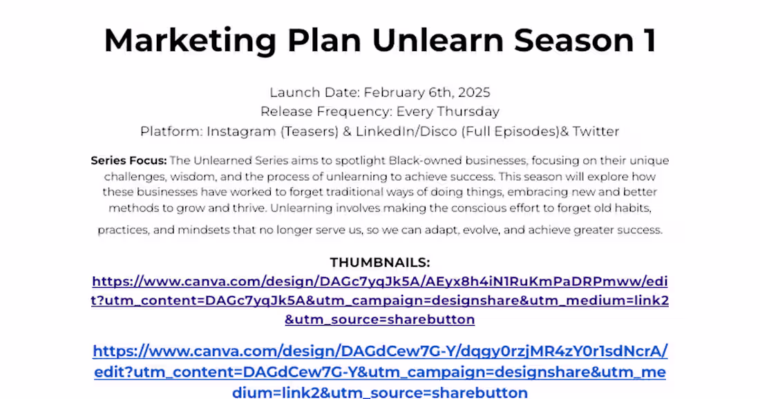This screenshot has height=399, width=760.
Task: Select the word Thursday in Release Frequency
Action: [470, 112]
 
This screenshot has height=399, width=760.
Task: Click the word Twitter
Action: [596, 131]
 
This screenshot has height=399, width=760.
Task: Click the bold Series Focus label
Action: [129, 161]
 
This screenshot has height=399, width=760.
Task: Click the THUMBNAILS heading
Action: [380, 262]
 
